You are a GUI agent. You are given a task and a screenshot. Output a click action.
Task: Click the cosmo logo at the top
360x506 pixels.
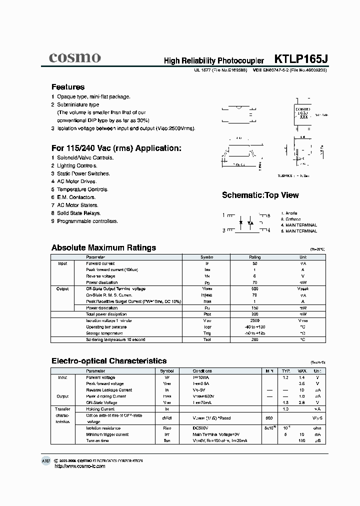pyautogui.click(x=74, y=57)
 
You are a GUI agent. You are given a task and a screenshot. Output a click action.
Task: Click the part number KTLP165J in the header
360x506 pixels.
pyautogui.click(x=301, y=59)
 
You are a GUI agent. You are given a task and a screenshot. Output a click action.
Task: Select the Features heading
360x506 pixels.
pyautogui.click(x=68, y=86)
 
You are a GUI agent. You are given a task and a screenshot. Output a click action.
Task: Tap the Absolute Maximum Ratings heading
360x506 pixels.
pyautogui.click(x=103, y=247)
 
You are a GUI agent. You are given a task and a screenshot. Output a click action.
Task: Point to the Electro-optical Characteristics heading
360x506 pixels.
pyautogui.click(x=109, y=360)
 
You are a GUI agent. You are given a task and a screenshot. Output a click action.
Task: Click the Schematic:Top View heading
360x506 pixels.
pyautogui.click(x=260, y=195)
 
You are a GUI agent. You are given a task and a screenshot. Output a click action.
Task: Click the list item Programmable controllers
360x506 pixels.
pyautogui.click(x=87, y=221)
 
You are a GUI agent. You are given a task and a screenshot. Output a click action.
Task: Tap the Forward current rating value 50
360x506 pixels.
pyautogui.click(x=255, y=263)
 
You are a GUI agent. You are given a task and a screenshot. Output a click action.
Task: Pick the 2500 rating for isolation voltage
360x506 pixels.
pyautogui.click(x=255, y=320)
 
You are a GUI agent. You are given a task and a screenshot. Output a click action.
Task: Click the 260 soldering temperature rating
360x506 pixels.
pyautogui.click(x=255, y=339)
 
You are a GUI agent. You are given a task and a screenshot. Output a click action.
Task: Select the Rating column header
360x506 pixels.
pyautogui.click(x=255, y=257)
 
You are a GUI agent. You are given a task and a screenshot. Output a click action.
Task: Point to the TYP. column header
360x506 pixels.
pyautogui.click(x=286, y=371)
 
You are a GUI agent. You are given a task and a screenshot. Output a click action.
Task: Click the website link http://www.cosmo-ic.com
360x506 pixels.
pyautogui.click(x=79, y=466)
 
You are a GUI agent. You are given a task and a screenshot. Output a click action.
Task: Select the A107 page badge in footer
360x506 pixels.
pyautogui.click(x=46, y=460)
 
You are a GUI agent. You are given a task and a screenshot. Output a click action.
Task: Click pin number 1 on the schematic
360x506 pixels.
pyautogui.click(x=224, y=215)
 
